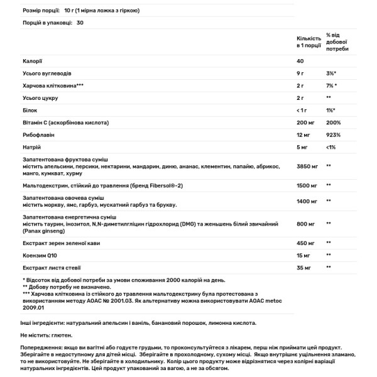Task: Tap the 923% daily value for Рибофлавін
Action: [x=334, y=134]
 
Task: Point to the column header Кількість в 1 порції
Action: [x=307, y=42]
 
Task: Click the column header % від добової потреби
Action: [x=337, y=42]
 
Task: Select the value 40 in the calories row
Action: [x=300, y=61]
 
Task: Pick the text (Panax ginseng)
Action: [x=45, y=231]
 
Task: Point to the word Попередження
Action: [x=41, y=347]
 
